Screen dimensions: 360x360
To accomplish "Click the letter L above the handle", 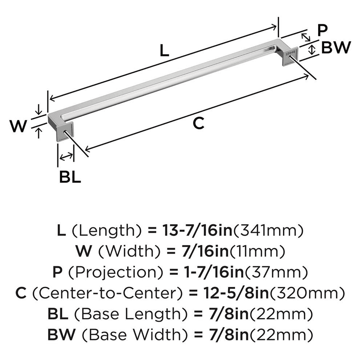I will pos(164,51).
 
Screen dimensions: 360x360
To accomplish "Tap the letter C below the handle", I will pos(198,123).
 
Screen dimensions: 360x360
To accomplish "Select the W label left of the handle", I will pos(18,126).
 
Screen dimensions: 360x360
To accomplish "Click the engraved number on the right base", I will pos(290,53).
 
